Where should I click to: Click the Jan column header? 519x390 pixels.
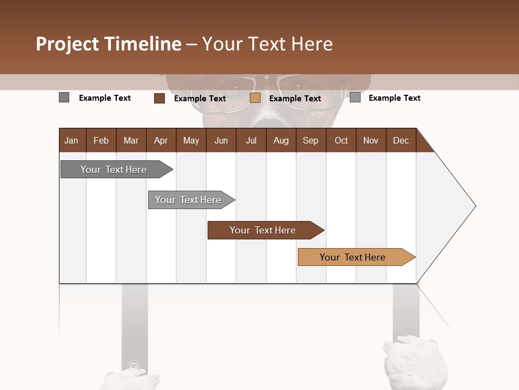(71, 140)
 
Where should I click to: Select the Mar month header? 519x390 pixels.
(131, 140)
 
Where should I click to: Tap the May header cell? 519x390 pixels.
(191, 140)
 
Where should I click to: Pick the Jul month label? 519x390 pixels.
(251, 140)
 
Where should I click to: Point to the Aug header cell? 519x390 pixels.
(281, 140)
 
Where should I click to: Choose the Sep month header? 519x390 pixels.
(310, 140)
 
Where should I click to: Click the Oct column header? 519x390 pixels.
(341, 140)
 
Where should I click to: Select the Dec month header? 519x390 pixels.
(401, 140)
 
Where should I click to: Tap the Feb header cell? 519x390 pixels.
(101, 140)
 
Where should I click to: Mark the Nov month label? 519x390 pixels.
(371, 140)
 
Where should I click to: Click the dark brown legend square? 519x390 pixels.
(159, 98)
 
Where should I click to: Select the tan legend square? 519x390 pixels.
(255, 98)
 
